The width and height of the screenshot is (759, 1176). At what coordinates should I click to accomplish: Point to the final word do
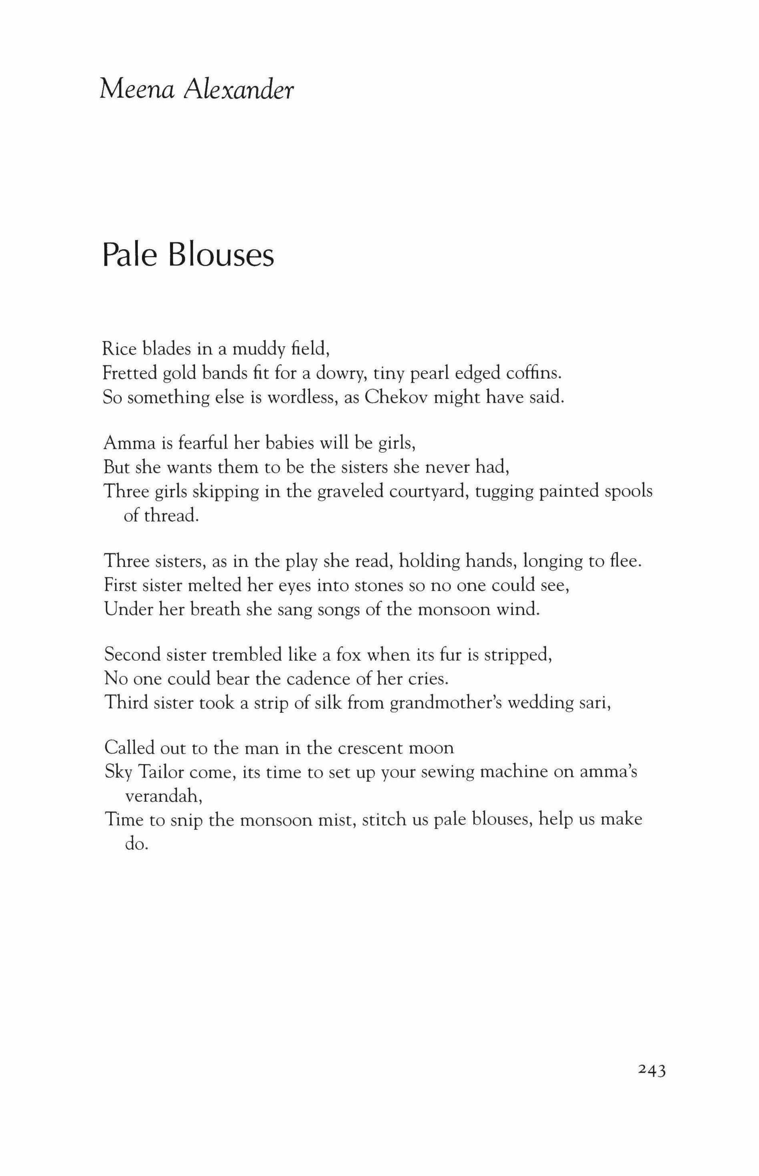(x=136, y=844)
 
